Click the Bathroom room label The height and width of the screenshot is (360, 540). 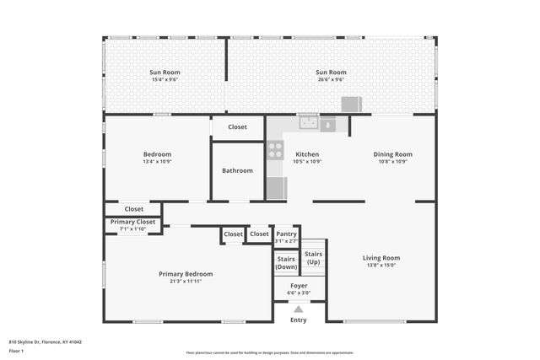[x=237, y=170]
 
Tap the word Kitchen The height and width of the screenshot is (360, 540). [x=307, y=154]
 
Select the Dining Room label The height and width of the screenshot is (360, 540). [x=392, y=154]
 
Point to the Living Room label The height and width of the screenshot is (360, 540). [x=381, y=258]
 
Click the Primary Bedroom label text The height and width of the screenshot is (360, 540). [x=186, y=274]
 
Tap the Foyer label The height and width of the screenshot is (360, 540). [x=299, y=286]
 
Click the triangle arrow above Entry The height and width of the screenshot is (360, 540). [x=299, y=309]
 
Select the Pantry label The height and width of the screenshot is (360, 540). [x=286, y=234]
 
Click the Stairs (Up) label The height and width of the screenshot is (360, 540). [x=313, y=257]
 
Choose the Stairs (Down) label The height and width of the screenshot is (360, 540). [x=286, y=262]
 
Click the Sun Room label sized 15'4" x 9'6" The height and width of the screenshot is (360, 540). [x=165, y=73]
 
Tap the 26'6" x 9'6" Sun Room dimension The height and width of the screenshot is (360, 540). [x=331, y=80]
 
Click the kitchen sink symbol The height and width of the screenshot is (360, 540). [x=309, y=124]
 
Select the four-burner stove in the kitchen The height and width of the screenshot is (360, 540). [x=275, y=150]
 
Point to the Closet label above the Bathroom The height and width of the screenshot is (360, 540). [x=237, y=127]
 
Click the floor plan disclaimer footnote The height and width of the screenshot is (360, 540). [x=269, y=353]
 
